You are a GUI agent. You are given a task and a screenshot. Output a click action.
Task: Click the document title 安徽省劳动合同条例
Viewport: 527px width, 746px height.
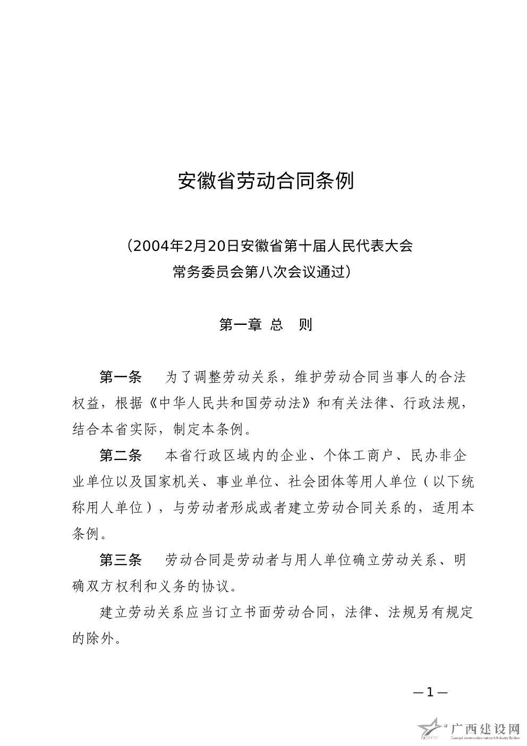click(x=265, y=181)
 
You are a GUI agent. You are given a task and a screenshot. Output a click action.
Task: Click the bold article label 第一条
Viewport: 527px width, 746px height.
click(x=121, y=378)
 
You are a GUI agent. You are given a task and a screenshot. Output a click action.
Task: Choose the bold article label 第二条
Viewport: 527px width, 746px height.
click(x=121, y=456)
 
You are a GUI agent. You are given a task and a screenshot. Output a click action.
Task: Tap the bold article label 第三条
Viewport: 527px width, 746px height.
click(x=121, y=560)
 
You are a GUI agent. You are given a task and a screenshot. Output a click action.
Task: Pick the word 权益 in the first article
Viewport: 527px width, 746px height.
click(x=86, y=404)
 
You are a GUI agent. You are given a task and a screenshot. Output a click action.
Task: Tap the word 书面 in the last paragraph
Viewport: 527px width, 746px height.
click(x=258, y=612)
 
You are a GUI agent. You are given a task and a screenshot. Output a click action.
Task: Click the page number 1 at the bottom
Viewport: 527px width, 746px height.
click(x=430, y=692)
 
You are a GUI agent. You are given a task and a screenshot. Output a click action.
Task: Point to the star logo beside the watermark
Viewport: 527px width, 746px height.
click(x=433, y=729)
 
